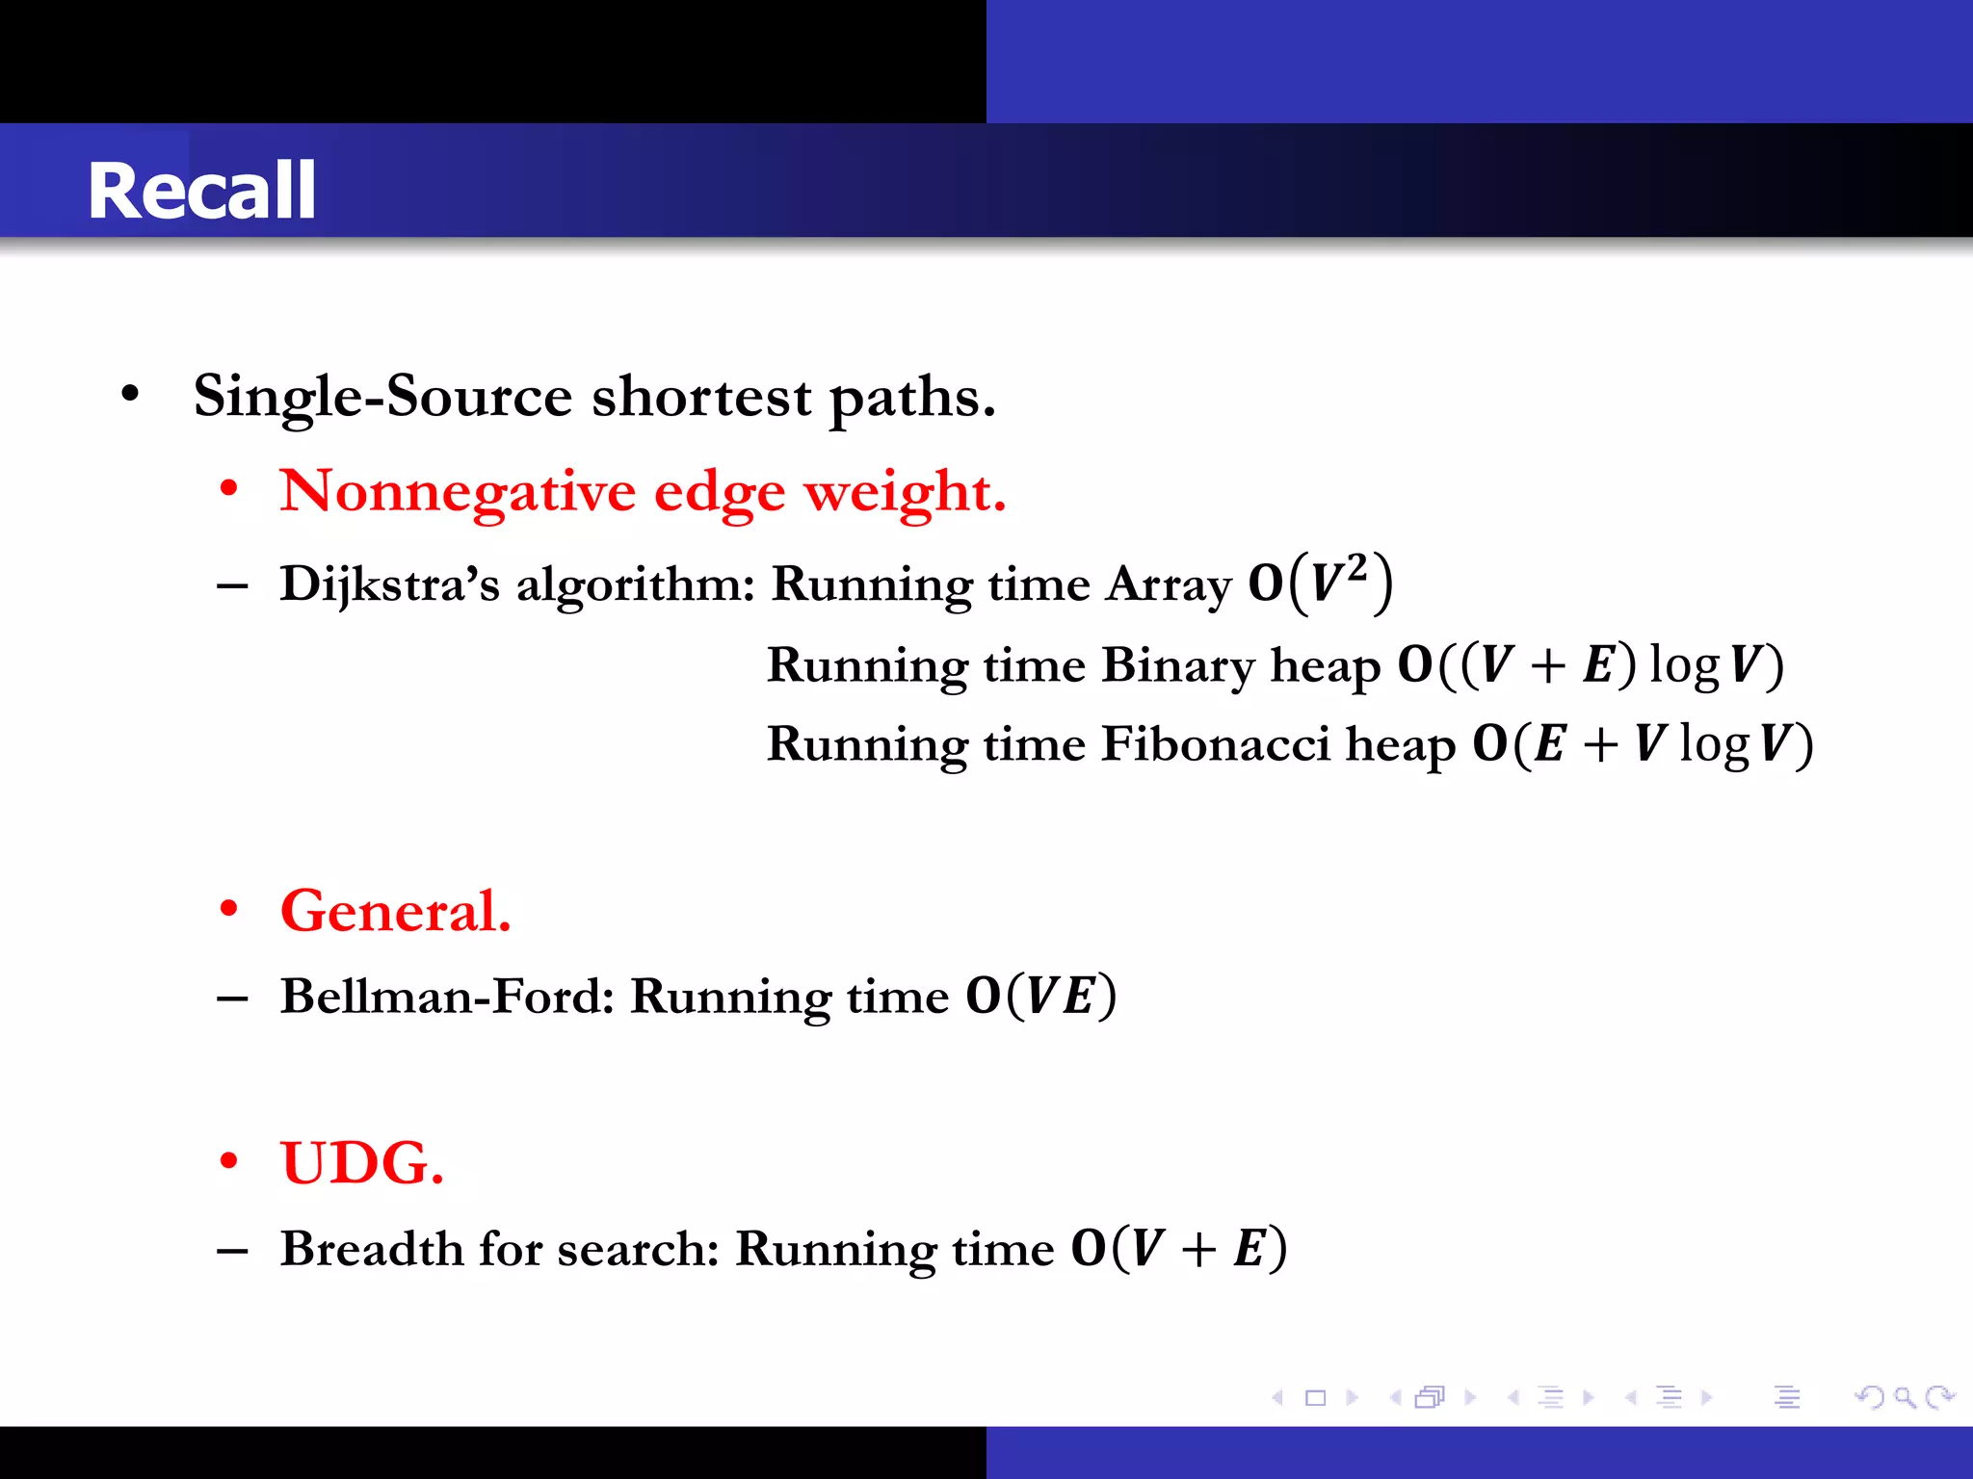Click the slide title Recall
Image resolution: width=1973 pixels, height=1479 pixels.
201,191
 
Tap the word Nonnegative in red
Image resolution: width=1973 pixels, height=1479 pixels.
458,492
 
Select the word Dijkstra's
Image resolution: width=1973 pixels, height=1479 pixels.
389,584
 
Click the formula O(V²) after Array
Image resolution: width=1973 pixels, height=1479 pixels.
1321,583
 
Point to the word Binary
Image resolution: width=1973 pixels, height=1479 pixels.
1177,666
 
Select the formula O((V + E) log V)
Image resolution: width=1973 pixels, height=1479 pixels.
1591,665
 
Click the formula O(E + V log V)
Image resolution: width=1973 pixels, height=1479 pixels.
1643,744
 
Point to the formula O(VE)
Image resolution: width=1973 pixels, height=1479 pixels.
1041,996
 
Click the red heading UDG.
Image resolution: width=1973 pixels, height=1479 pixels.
362,1163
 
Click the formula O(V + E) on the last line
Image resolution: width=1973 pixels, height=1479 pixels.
1179,1249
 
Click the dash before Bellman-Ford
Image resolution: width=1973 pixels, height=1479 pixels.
232,999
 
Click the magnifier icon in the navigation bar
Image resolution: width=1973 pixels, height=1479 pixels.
1904,1396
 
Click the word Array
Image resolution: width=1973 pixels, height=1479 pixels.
1169,584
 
